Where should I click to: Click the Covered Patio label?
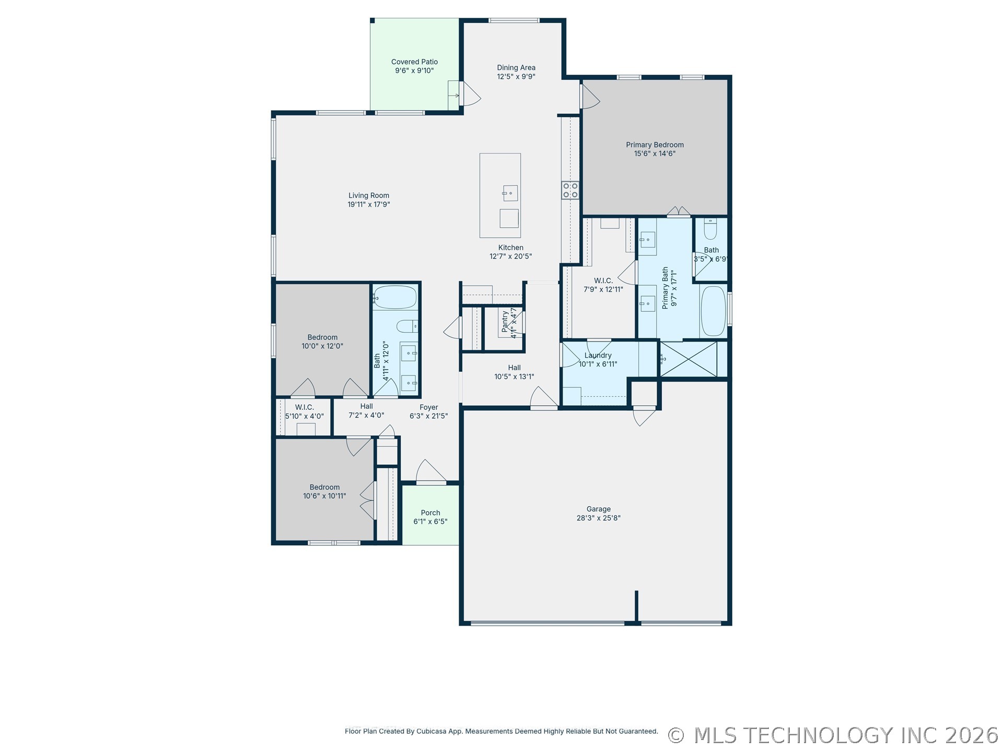pyautogui.click(x=414, y=62)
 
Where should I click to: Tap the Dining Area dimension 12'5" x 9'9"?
pyautogui.click(x=516, y=77)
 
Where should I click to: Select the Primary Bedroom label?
pyautogui.click(x=655, y=145)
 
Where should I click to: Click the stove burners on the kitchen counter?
pyautogui.click(x=570, y=190)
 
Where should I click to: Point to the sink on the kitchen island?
pyautogui.click(x=510, y=193)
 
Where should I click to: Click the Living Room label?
pyautogui.click(x=369, y=195)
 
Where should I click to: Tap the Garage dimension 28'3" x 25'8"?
pyautogui.click(x=598, y=518)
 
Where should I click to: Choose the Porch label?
pyautogui.click(x=430, y=513)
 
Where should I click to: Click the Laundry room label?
pyautogui.click(x=598, y=356)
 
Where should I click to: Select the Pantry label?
pyautogui.click(x=505, y=322)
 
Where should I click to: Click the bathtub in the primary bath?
pyautogui.click(x=713, y=311)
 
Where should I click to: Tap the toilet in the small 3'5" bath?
pyautogui.click(x=710, y=228)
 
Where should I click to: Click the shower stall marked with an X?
pyautogui.click(x=689, y=359)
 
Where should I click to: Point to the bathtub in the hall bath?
pyautogui.click(x=395, y=297)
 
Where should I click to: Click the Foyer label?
pyautogui.click(x=429, y=407)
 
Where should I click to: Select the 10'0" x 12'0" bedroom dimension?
pyautogui.click(x=322, y=346)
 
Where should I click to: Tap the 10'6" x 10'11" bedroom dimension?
pyautogui.click(x=324, y=496)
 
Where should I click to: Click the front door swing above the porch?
pyautogui.click(x=430, y=472)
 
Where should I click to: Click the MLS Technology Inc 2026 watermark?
pyautogui.click(x=833, y=735)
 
